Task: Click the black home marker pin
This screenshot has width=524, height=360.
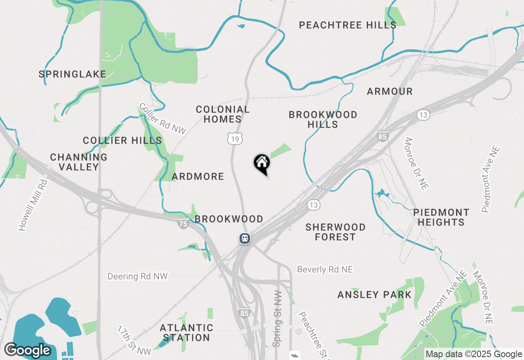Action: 262,164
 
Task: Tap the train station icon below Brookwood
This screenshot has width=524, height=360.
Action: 245,238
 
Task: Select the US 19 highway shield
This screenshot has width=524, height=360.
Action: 235,139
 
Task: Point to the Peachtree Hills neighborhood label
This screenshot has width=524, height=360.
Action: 348,25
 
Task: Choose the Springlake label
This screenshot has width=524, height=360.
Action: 72,74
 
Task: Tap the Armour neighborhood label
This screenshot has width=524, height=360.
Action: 390,91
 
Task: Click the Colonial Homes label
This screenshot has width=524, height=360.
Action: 223,114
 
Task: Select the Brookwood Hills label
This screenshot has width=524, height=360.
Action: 323,119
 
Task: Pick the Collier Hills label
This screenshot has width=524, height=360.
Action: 122,141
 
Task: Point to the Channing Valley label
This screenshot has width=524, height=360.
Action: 79,162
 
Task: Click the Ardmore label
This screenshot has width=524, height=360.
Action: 198,177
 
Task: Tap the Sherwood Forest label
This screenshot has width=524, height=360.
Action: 336,232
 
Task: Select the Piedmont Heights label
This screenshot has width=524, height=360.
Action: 441,218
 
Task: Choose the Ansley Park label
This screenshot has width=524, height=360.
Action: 375,295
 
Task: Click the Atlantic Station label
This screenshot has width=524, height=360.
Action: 187,333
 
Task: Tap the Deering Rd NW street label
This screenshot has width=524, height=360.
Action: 138,277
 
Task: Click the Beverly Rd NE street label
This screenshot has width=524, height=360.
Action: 325,270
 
